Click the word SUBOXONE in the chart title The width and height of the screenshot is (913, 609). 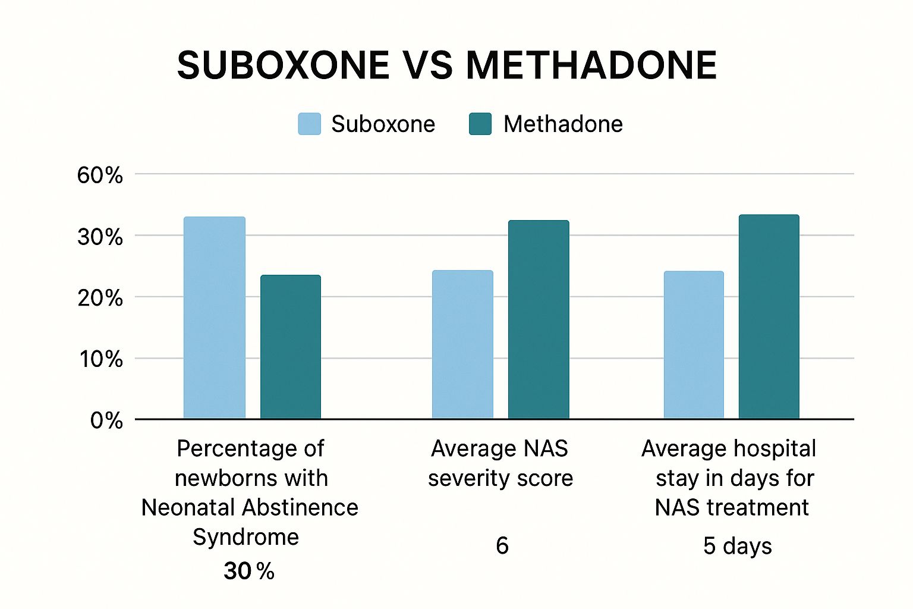pyautogui.click(x=283, y=65)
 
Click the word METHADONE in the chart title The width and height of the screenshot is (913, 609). pyautogui.click(x=591, y=65)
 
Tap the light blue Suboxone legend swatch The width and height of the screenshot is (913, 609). pyautogui.click(x=309, y=124)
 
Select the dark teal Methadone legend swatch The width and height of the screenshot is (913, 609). pyautogui.click(x=480, y=124)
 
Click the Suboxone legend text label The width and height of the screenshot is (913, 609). pyautogui.click(x=383, y=124)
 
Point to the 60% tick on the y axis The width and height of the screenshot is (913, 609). pyautogui.click(x=100, y=175)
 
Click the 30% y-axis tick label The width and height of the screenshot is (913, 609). pyautogui.click(x=100, y=237)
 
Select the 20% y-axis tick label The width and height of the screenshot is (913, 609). pyautogui.click(x=100, y=298)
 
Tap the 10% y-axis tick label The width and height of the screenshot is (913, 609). pyautogui.click(x=101, y=359)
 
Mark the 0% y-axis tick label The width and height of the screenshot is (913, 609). pyautogui.click(x=106, y=421)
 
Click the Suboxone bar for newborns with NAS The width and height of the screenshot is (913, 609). pyautogui.click(x=214, y=318)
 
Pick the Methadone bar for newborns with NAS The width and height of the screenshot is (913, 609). pyautogui.click(x=291, y=347)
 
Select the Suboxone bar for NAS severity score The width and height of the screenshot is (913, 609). pyautogui.click(x=462, y=344)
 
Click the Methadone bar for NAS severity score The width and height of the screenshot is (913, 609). pyautogui.click(x=539, y=319)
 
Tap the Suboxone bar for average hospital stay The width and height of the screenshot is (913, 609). pyautogui.click(x=694, y=345)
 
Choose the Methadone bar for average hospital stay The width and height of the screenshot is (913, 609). pyautogui.click(x=769, y=316)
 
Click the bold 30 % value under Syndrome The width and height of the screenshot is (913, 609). pyautogui.click(x=248, y=572)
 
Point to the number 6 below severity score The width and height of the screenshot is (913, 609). pyautogui.click(x=502, y=545)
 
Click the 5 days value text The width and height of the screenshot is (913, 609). pyautogui.click(x=737, y=546)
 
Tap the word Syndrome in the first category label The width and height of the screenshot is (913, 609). pyautogui.click(x=245, y=537)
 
